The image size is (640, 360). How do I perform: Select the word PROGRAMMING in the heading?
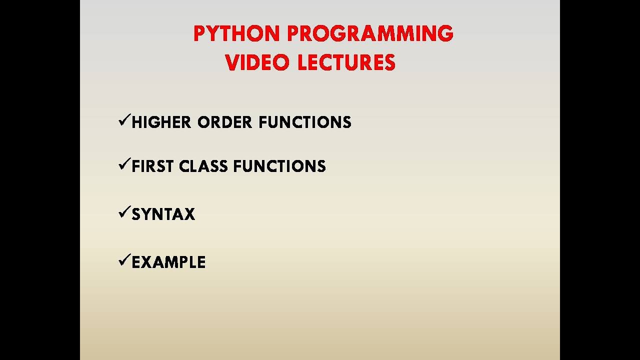[370, 34]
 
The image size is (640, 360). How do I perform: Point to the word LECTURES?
[346, 63]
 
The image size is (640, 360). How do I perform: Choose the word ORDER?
[225, 122]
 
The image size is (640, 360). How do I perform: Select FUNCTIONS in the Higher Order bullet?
[305, 122]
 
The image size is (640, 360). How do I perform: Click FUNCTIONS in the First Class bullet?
[279, 166]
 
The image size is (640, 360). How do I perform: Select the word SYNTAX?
[163, 214]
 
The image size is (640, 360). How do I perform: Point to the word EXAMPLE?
[168, 262]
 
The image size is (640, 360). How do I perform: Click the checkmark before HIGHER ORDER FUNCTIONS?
[124, 120]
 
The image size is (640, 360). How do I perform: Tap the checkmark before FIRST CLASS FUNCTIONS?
[124, 164]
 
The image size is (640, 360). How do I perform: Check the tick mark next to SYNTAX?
[124, 212]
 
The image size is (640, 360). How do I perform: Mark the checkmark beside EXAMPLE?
[124, 260]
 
